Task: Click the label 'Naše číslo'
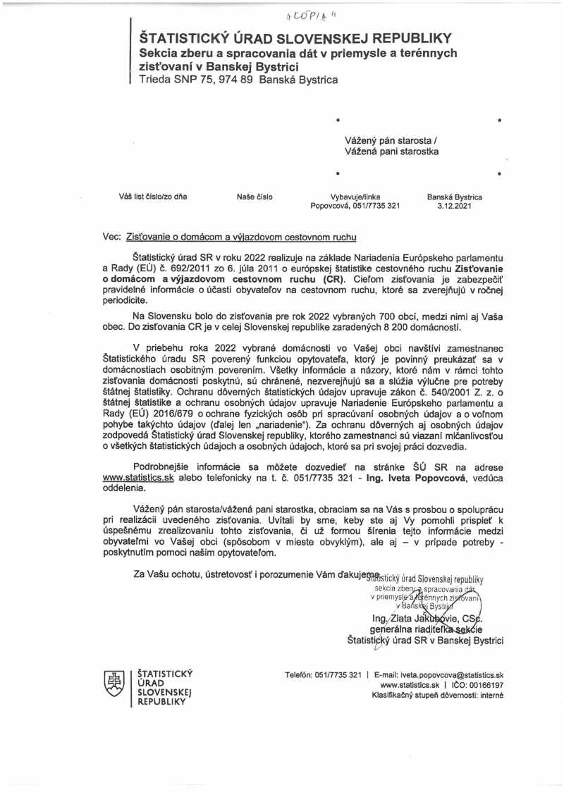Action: (x=255, y=197)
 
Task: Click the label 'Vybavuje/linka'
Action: (x=355, y=197)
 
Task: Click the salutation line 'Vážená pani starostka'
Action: (x=391, y=151)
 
